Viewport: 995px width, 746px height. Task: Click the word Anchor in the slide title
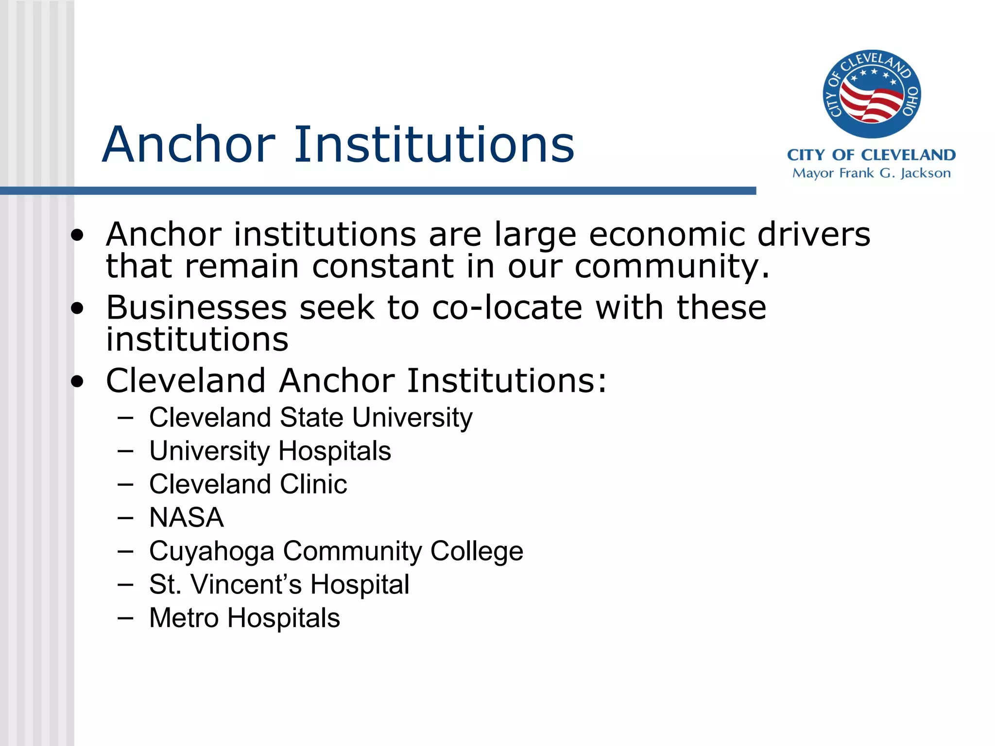pos(189,144)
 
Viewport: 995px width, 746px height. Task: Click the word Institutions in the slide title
pos(434,144)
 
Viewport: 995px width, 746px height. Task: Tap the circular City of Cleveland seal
pos(872,94)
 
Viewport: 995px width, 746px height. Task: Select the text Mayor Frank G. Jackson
pos(871,173)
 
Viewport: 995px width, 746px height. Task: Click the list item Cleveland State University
pos(310,418)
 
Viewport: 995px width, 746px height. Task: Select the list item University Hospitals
pos(270,451)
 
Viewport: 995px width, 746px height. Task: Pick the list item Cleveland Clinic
pos(248,484)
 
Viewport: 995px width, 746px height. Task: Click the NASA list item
pos(186,517)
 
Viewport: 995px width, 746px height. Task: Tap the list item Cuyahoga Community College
pos(336,551)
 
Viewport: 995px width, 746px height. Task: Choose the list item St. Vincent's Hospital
pos(279,584)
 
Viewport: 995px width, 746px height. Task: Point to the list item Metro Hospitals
pos(244,618)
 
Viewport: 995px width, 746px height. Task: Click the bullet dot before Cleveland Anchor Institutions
pos(77,382)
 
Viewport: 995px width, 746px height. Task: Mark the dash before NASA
pos(125,518)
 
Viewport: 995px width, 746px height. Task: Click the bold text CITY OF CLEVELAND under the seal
pos(871,155)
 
